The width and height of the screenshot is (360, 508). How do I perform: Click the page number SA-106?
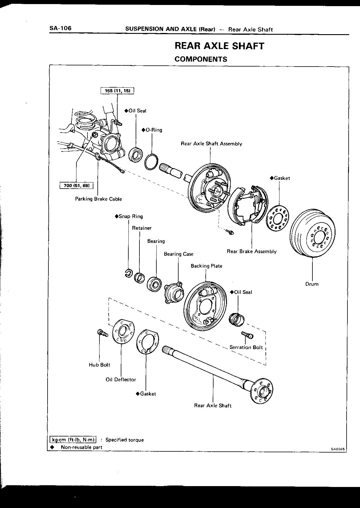pyautogui.click(x=60, y=28)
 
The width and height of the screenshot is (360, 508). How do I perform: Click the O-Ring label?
pyautogui.click(x=152, y=130)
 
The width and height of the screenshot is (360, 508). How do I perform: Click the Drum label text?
pyautogui.click(x=312, y=284)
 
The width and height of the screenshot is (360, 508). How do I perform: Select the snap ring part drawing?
pyautogui.click(x=128, y=273)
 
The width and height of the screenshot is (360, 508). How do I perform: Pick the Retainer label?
pyautogui.click(x=142, y=228)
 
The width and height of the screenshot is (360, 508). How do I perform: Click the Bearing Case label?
pyautogui.click(x=179, y=254)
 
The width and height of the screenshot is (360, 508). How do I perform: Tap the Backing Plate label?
pyautogui.click(x=207, y=266)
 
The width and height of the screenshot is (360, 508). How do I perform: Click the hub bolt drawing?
pyautogui.click(x=101, y=333)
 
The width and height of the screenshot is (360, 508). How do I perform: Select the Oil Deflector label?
pyautogui.click(x=121, y=380)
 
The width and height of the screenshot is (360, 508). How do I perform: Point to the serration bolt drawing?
pyautogui.click(x=247, y=335)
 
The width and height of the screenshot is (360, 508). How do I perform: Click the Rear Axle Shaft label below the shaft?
pyautogui.click(x=213, y=406)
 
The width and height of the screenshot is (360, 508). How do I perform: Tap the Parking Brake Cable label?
pyautogui.click(x=98, y=199)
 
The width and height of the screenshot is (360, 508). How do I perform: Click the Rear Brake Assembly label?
pyautogui.click(x=251, y=251)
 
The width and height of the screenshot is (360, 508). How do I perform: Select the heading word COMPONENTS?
pyautogui.click(x=201, y=59)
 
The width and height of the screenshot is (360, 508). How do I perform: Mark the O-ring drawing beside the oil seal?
pyautogui.click(x=151, y=161)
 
